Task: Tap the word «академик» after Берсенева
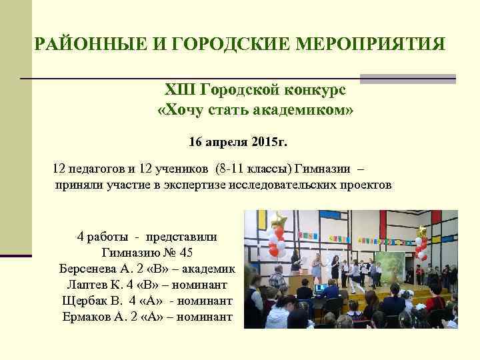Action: point(206,269)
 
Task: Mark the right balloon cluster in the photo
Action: point(421,244)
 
